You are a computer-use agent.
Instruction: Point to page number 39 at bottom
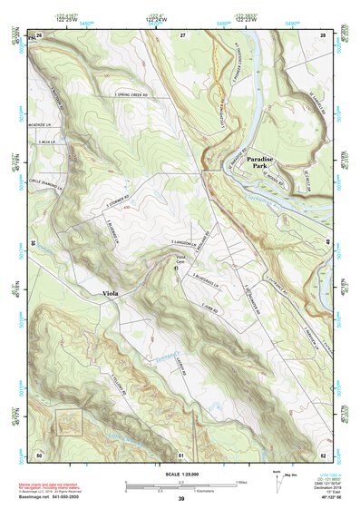coord(181,498)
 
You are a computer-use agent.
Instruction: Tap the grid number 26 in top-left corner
coord(39,34)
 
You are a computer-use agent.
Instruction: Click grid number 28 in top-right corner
coord(323,34)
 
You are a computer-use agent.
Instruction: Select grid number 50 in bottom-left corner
coord(39,454)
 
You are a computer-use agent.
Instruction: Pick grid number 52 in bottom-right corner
coord(323,454)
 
